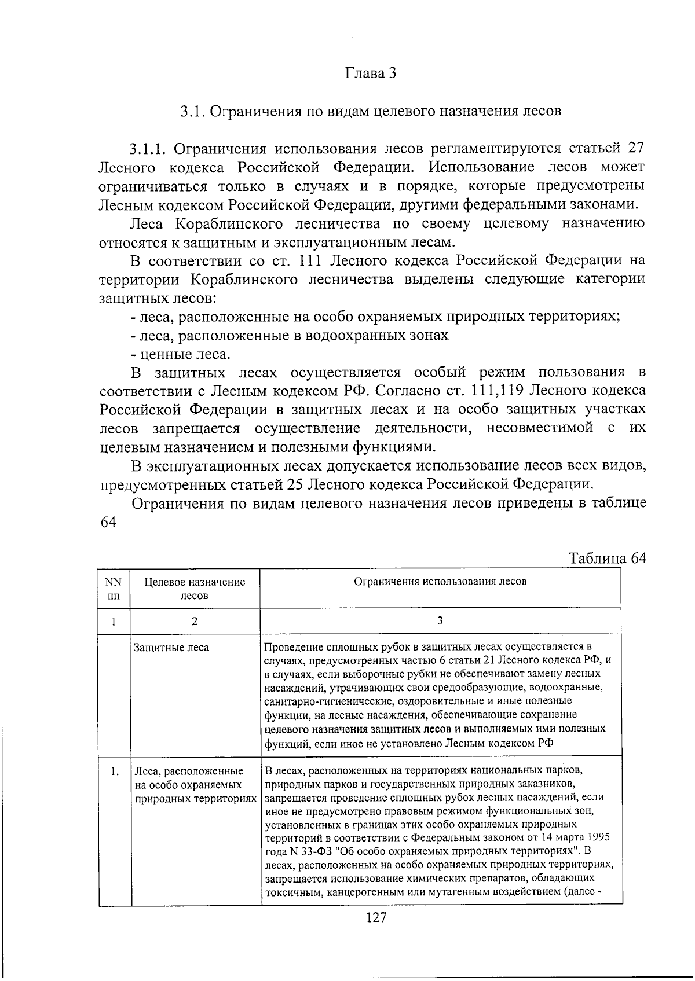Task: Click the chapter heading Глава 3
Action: [x=371, y=74]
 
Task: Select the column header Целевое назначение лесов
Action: [x=194, y=589]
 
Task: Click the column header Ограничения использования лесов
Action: [x=440, y=582]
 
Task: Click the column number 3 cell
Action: [x=440, y=620]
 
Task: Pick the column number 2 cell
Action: [x=194, y=621]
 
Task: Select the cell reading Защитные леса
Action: [x=171, y=648]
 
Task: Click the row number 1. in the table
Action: [x=115, y=771]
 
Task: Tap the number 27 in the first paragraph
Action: [x=634, y=148]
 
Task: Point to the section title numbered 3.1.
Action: [x=371, y=111]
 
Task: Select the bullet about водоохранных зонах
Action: [x=290, y=335]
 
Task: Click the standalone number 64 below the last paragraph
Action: [x=108, y=521]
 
